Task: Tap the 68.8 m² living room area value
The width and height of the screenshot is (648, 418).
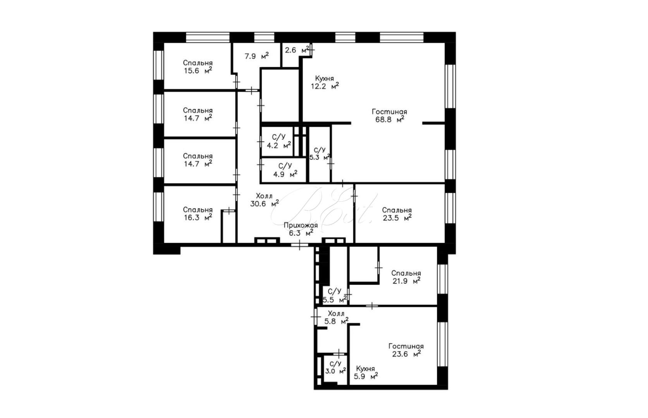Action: [390, 119]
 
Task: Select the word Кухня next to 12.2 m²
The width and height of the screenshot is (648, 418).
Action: [324, 78]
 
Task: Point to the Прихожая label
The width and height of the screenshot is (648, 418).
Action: [301, 225]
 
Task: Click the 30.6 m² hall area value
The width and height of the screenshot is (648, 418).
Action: [265, 204]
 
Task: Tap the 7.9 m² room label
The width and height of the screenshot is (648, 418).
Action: [256, 56]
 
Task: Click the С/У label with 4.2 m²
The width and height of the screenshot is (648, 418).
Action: [279, 137]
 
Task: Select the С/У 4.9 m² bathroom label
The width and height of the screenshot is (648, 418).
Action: [285, 170]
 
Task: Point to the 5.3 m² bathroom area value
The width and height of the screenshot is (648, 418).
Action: [320, 158]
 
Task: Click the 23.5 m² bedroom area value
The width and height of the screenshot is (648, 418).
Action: [397, 218]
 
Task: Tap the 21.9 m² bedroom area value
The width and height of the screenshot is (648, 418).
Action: [406, 281]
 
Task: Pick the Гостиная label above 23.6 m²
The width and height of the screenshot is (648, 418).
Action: [406, 346]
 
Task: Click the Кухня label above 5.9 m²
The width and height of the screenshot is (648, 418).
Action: [365, 368]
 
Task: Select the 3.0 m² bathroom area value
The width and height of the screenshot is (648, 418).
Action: [335, 371]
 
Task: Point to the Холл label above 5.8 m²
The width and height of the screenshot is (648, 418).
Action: [336, 313]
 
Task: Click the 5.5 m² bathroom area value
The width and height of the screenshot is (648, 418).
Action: [335, 300]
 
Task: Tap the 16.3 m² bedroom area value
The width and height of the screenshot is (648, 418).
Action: [198, 217]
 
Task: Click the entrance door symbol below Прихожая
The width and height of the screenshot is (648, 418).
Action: [299, 245]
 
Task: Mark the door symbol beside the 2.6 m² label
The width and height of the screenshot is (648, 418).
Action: [311, 50]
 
